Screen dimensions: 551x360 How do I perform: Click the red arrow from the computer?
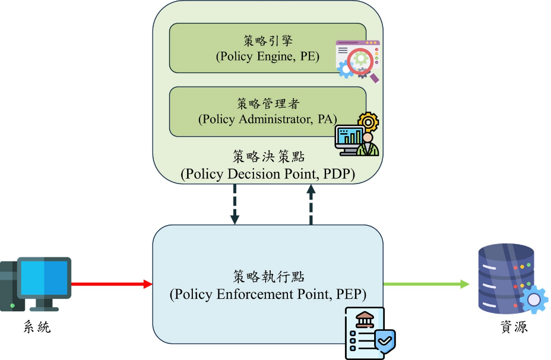click(x=112, y=284)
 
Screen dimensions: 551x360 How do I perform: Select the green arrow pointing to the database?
click(x=426, y=284)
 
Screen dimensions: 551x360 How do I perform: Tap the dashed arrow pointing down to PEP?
click(x=235, y=204)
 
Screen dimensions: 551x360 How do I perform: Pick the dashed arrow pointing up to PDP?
click(x=311, y=204)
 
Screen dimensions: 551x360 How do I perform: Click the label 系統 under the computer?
click(x=37, y=327)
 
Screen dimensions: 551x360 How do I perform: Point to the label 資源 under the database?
click(x=514, y=327)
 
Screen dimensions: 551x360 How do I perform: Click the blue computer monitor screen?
click(x=45, y=278)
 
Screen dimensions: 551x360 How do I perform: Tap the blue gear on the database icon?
click(x=534, y=299)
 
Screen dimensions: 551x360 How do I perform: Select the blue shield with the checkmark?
click(x=385, y=341)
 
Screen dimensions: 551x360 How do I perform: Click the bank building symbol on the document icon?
click(x=365, y=320)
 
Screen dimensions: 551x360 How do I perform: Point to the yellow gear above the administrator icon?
click(x=368, y=122)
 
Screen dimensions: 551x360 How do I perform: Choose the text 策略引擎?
click(x=268, y=41)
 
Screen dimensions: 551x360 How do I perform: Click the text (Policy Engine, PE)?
click(x=268, y=56)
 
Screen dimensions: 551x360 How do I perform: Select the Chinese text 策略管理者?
click(x=268, y=104)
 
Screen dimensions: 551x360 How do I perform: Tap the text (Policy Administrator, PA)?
click(x=268, y=119)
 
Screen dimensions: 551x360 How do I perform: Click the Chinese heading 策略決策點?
click(x=268, y=156)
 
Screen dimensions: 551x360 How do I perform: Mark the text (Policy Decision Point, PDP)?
click(x=268, y=174)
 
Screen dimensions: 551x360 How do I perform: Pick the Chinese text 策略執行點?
click(x=268, y=277)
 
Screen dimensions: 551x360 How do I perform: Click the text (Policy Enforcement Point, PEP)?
click(x=268, y=294)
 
